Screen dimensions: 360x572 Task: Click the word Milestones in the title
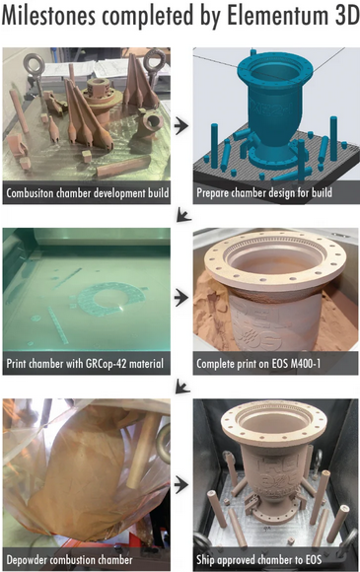tap(48, 16)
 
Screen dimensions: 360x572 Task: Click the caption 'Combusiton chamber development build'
tap(88, 193)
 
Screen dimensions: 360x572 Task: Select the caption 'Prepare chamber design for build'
tap(264, 193)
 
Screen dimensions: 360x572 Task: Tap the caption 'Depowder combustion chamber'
tap(69, 560)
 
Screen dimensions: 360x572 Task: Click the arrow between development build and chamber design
tap(181, 125)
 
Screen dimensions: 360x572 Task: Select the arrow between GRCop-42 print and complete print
tap(181, 297)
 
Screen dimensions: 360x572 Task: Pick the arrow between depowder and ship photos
tap(181, 485)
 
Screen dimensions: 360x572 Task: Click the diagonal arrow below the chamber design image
tap(183, 215)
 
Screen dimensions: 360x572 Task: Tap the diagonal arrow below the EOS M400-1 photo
tap(182, 387)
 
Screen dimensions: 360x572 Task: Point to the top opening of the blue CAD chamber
tap(274, 72)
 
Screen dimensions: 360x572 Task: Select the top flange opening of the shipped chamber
tap(274, 425)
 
